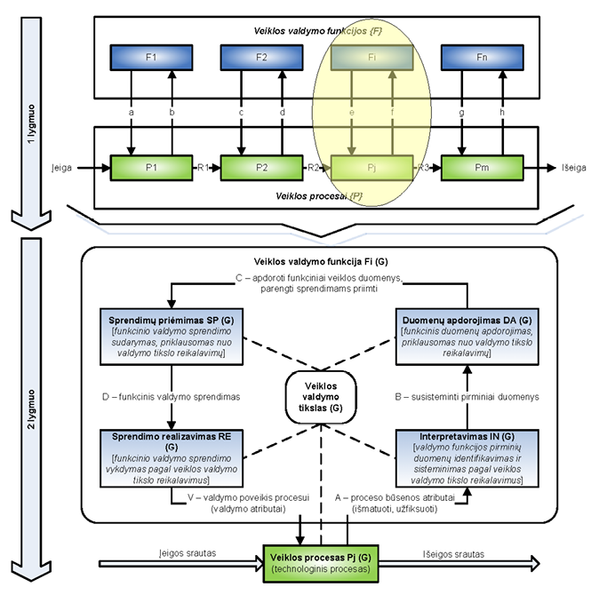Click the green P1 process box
point(151,166)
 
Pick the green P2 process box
point(261,166)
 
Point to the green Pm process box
point(482,166)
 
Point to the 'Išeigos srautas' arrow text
point(455,552)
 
